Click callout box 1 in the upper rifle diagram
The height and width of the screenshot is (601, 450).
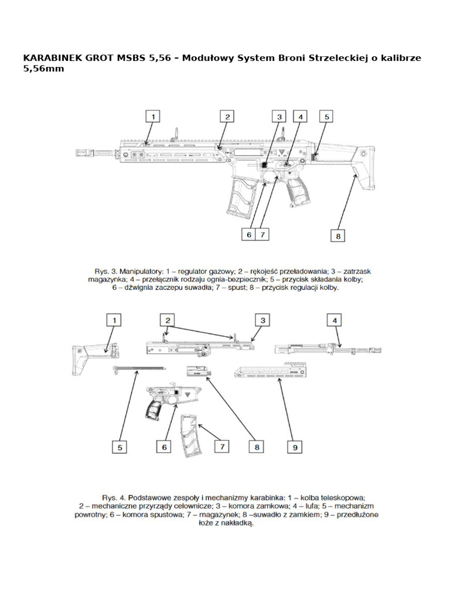[x=153, y=117]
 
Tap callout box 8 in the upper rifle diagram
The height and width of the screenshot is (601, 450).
[x=338, y=235]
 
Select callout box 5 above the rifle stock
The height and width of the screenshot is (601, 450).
[x=327, y=117]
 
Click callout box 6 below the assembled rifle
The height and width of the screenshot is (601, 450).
[x=249, y=234]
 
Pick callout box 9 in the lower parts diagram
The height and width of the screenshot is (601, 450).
[x=295, y=447]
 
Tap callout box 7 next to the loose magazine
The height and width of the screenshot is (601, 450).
[x=222, y=446]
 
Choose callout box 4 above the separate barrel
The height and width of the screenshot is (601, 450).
[x=335, y=320]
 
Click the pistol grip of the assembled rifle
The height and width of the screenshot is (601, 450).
[x=298, y=191]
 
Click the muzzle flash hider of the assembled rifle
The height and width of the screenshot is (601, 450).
[x=83, y=154]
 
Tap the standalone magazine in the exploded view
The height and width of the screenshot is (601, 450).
[x=192, y=434]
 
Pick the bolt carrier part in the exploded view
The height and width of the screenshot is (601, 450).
[x=197, y=371]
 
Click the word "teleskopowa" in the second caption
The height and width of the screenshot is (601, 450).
[x=342, y=496]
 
